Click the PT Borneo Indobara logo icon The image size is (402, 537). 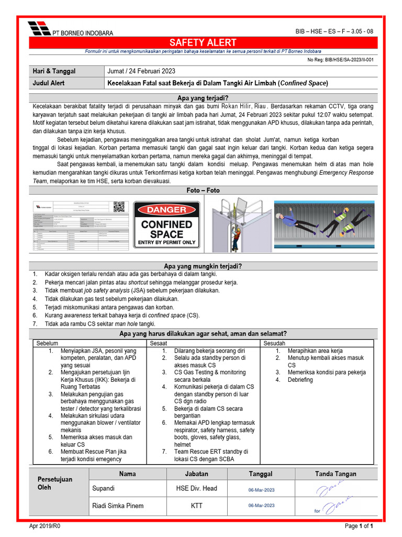[39, 29]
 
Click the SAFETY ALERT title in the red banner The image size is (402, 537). [203, 42]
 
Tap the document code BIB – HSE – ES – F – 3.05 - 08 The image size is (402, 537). [334, 31]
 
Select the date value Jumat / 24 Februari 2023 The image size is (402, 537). [141, 71]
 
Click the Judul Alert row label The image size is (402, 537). [49, 83]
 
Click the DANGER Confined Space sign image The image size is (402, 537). [166, 224]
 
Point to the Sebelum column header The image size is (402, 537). [47, 343]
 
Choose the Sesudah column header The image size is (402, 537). [275, 343]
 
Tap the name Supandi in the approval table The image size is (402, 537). [105, 488]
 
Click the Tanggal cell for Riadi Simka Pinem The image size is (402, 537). [261, 506]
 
